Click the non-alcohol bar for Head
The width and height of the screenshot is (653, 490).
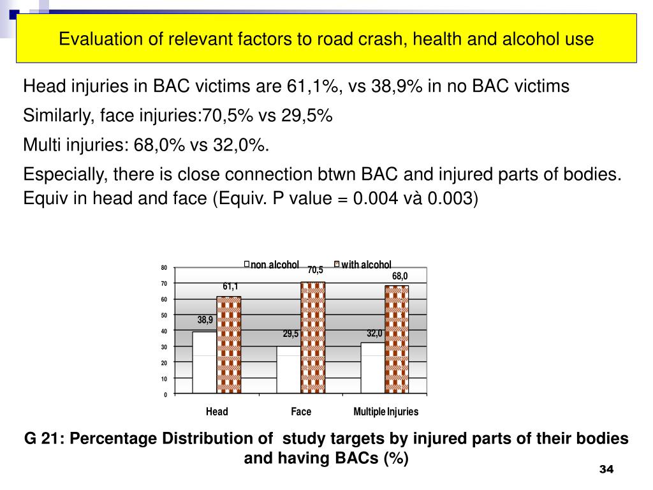(x=204, y=362)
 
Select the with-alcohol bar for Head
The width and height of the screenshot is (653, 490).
(x=229, y=345)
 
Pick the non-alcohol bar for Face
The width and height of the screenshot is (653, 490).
(x=289, y=369)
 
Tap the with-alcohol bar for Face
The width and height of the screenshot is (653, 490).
(x=313, y=337)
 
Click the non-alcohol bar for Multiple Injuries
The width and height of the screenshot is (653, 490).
(x=372, y=367)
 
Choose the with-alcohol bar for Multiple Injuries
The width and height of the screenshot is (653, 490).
(x=397, y=339)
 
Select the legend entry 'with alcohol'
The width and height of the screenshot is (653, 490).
(x=365, y=265)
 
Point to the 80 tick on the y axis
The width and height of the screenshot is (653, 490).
(x=164, y=268)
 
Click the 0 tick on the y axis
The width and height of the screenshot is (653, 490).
(x=165, y=395)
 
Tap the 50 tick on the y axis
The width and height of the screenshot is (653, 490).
(x=164, y=316)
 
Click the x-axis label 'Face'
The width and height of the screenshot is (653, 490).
(x=301, y=412)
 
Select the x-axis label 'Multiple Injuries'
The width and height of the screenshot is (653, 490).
(x=386, y=412)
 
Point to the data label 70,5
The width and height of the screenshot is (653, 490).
(x=315, y=271)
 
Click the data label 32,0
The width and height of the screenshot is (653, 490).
(x=374, y=333)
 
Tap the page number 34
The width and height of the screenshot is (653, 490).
(x=606, y=470)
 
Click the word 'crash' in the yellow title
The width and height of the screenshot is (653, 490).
(x=344, y=40)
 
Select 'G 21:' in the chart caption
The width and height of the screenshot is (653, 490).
(x=45, y=439)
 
